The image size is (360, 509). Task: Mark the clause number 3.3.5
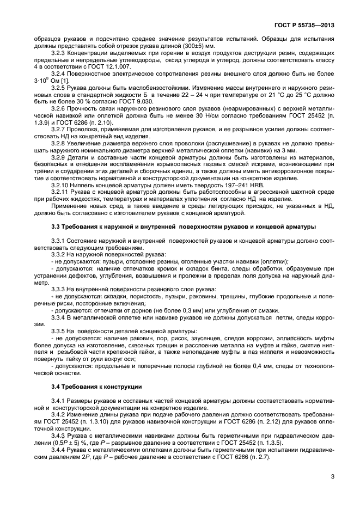[x=59, y=331]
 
